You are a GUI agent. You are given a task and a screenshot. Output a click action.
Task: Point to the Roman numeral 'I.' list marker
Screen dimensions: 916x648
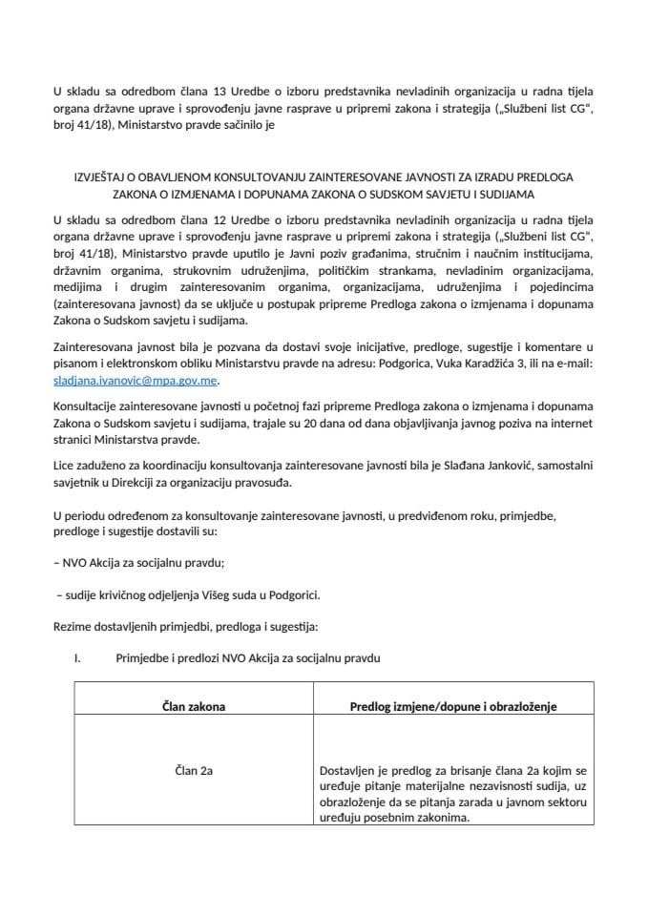[x=81, y=658]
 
